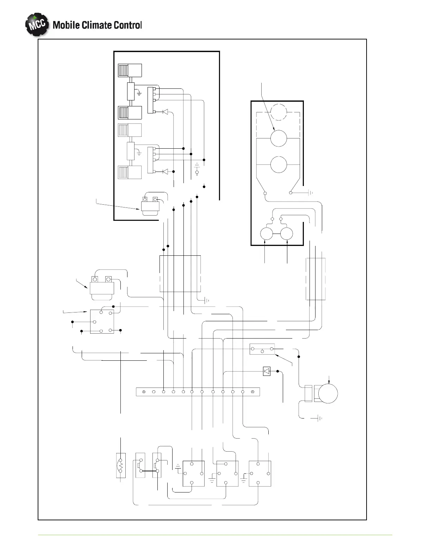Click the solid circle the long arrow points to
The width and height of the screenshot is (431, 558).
click(279, 138)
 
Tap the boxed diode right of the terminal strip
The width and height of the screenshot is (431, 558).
click(267, 371)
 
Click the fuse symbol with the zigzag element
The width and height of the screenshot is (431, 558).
click(121, 465)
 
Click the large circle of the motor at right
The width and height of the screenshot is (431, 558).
click(327, 393)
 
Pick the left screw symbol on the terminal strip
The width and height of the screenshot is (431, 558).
click(144, 391)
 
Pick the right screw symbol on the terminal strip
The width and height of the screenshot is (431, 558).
click(252, 391)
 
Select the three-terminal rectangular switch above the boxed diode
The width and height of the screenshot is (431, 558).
click(262, 349)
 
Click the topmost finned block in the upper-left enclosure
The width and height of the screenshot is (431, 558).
click(130, 70)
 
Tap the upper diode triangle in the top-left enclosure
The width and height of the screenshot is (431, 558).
click(165, 112)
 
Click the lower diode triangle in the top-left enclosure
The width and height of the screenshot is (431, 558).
click(165, 172)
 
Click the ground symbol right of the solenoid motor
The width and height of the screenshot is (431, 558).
click(319, 418)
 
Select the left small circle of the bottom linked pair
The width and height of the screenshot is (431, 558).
click(267, 234)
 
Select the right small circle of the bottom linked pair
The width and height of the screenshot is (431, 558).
click(287, 234)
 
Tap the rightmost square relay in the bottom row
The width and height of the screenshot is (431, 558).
click(260, 473)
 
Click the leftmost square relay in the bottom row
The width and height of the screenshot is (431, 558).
click(193, 473)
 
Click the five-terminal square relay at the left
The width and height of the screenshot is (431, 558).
click(102, 321)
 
